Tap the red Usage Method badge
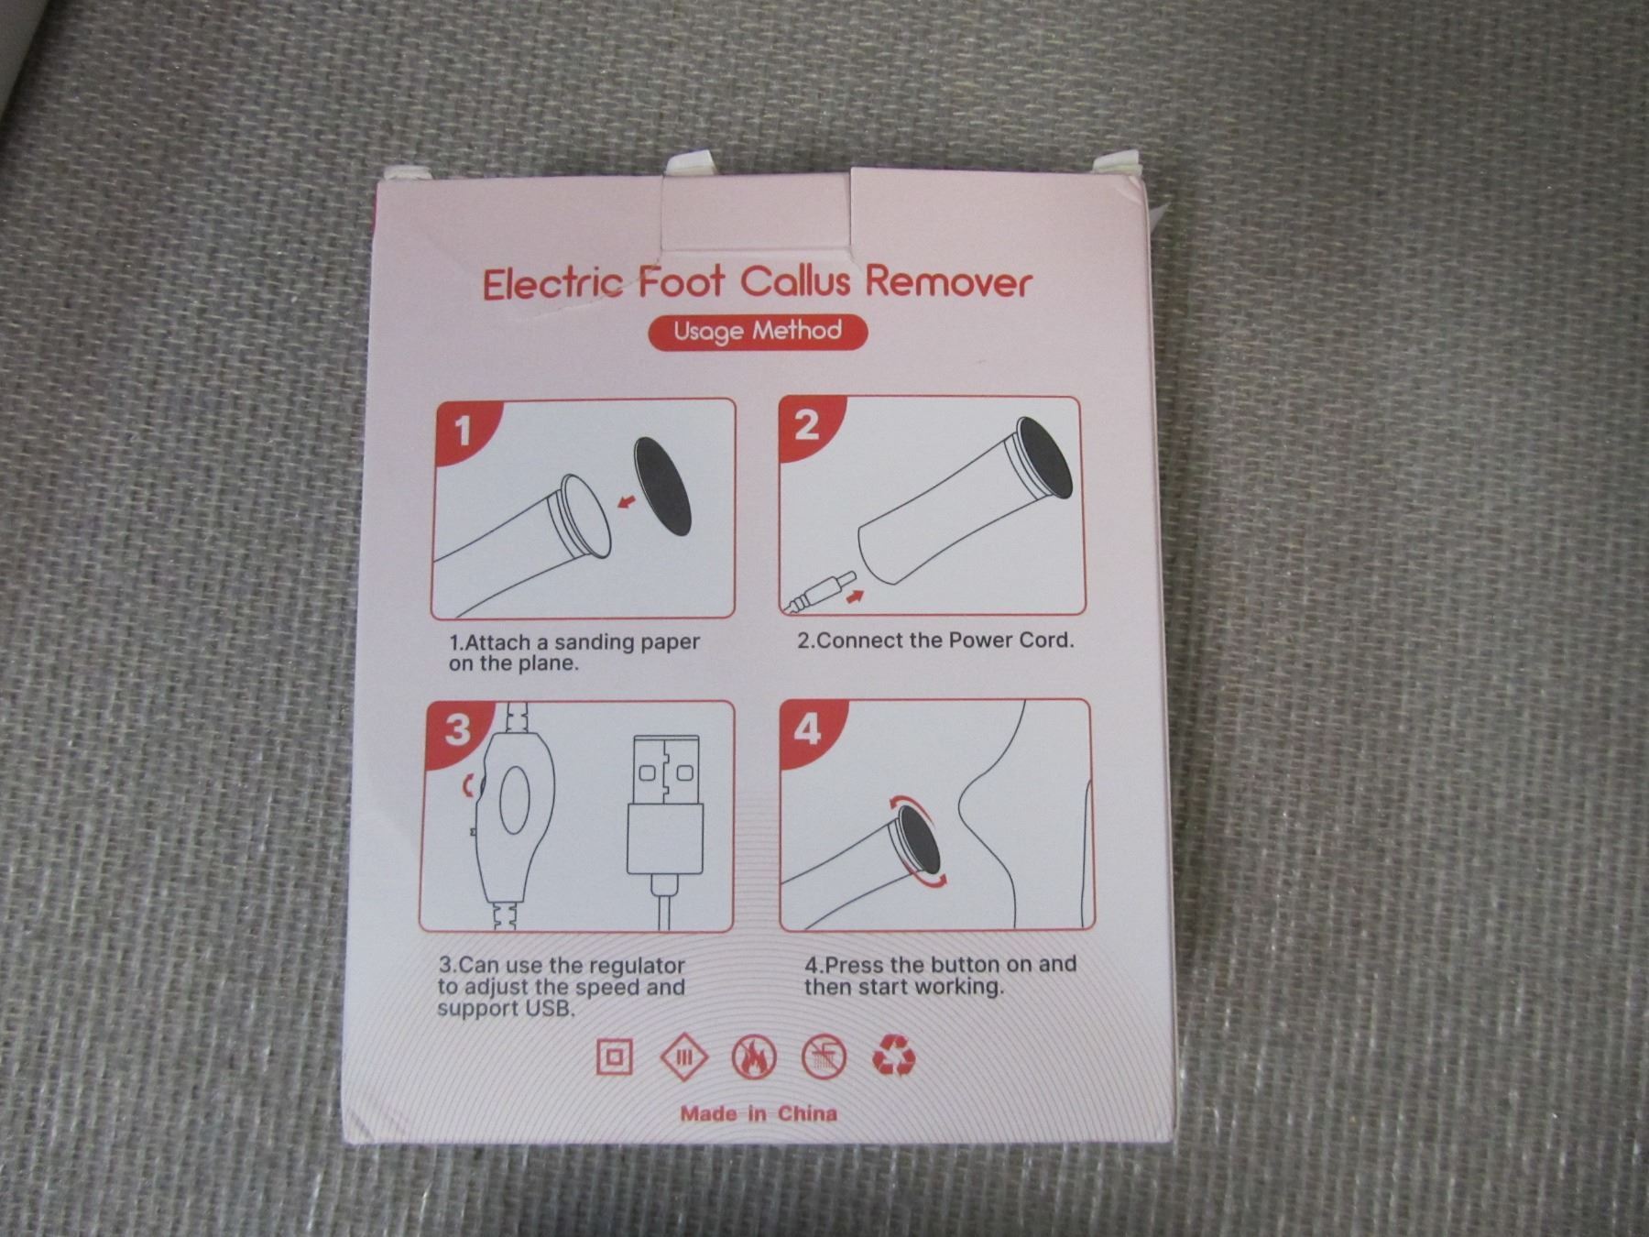[758, 332]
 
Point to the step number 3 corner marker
[458, 729]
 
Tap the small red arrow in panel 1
[628, 500]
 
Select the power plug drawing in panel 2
[820, 592]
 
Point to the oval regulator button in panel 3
[514, 798]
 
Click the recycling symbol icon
[893, 1056]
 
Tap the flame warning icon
[754, 1057]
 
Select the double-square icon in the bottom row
[614, 1057]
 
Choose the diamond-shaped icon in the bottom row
[684, 1057]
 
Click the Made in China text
[759, 1113]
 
